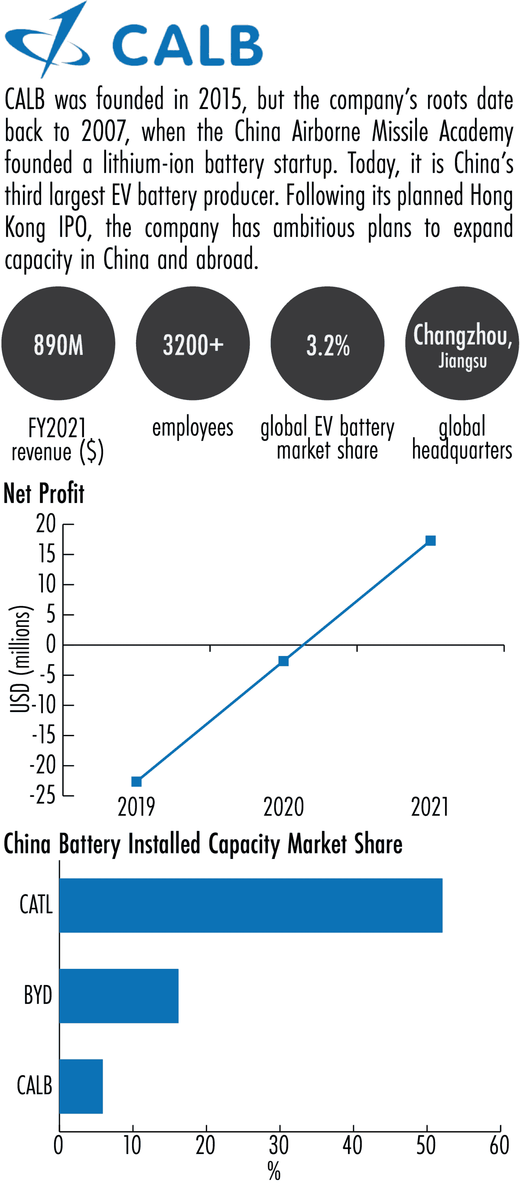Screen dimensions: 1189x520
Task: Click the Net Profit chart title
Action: click(x=44, y=493)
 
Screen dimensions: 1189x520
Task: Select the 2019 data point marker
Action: click(x=136, y=781)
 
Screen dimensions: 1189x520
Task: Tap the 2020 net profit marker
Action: click(x=283, y=661)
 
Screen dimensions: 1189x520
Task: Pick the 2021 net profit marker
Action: click(x=430, y=540)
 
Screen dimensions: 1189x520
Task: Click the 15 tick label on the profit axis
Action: click(x=47, y=554)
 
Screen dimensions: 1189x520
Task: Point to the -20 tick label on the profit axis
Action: click(x=42, y=766)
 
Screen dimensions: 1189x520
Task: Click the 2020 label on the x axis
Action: click(x=283, y=807)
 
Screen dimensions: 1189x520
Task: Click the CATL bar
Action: click(x=250, y=905)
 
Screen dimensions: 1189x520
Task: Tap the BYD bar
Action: click(x=119, y=996)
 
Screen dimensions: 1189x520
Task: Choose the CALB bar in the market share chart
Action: click(x=81, y=1086)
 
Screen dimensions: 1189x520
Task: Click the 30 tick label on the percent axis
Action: click(x=279, y=1146)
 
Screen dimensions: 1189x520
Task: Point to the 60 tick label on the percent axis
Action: click(x=499, y=1146)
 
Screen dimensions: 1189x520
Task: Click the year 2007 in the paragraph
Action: click(x=104, y=132)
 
